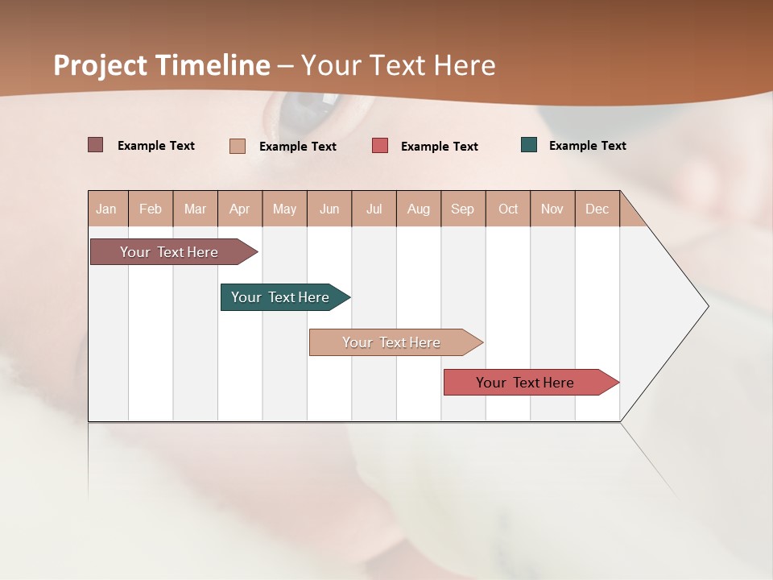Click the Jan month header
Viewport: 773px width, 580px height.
point(107,209)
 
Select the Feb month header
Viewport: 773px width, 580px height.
point(151,209)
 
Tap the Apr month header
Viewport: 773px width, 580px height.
point(240,209)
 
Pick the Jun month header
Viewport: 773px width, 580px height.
point(329,209)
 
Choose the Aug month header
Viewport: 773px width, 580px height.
point(419,209)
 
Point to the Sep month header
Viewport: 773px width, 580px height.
point(463,209)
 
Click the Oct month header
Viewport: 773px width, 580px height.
point(508,209)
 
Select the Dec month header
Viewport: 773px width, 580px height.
point(597,209)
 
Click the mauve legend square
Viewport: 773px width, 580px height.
point(95,145)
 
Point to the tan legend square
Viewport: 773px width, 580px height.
point(237,146)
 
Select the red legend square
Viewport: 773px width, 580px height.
point(380,146)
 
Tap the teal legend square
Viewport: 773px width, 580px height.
point(529,145)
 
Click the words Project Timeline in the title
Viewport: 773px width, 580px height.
point(162,65)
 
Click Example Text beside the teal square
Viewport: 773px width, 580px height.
point(587,146)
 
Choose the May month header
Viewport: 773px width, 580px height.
point(284,209)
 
